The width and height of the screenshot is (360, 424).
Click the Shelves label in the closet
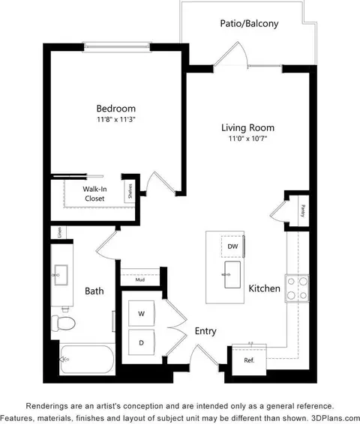[x=130, y=193]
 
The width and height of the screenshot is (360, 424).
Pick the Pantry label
[x=302, y=209]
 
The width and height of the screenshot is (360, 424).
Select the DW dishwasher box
[x=232, y=246]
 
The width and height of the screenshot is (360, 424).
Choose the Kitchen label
[x=264, y=288]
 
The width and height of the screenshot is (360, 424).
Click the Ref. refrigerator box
[x=248, y=360]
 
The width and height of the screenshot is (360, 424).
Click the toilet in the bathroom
[x=62, y=323]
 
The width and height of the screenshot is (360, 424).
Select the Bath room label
[x=94, y=291]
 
